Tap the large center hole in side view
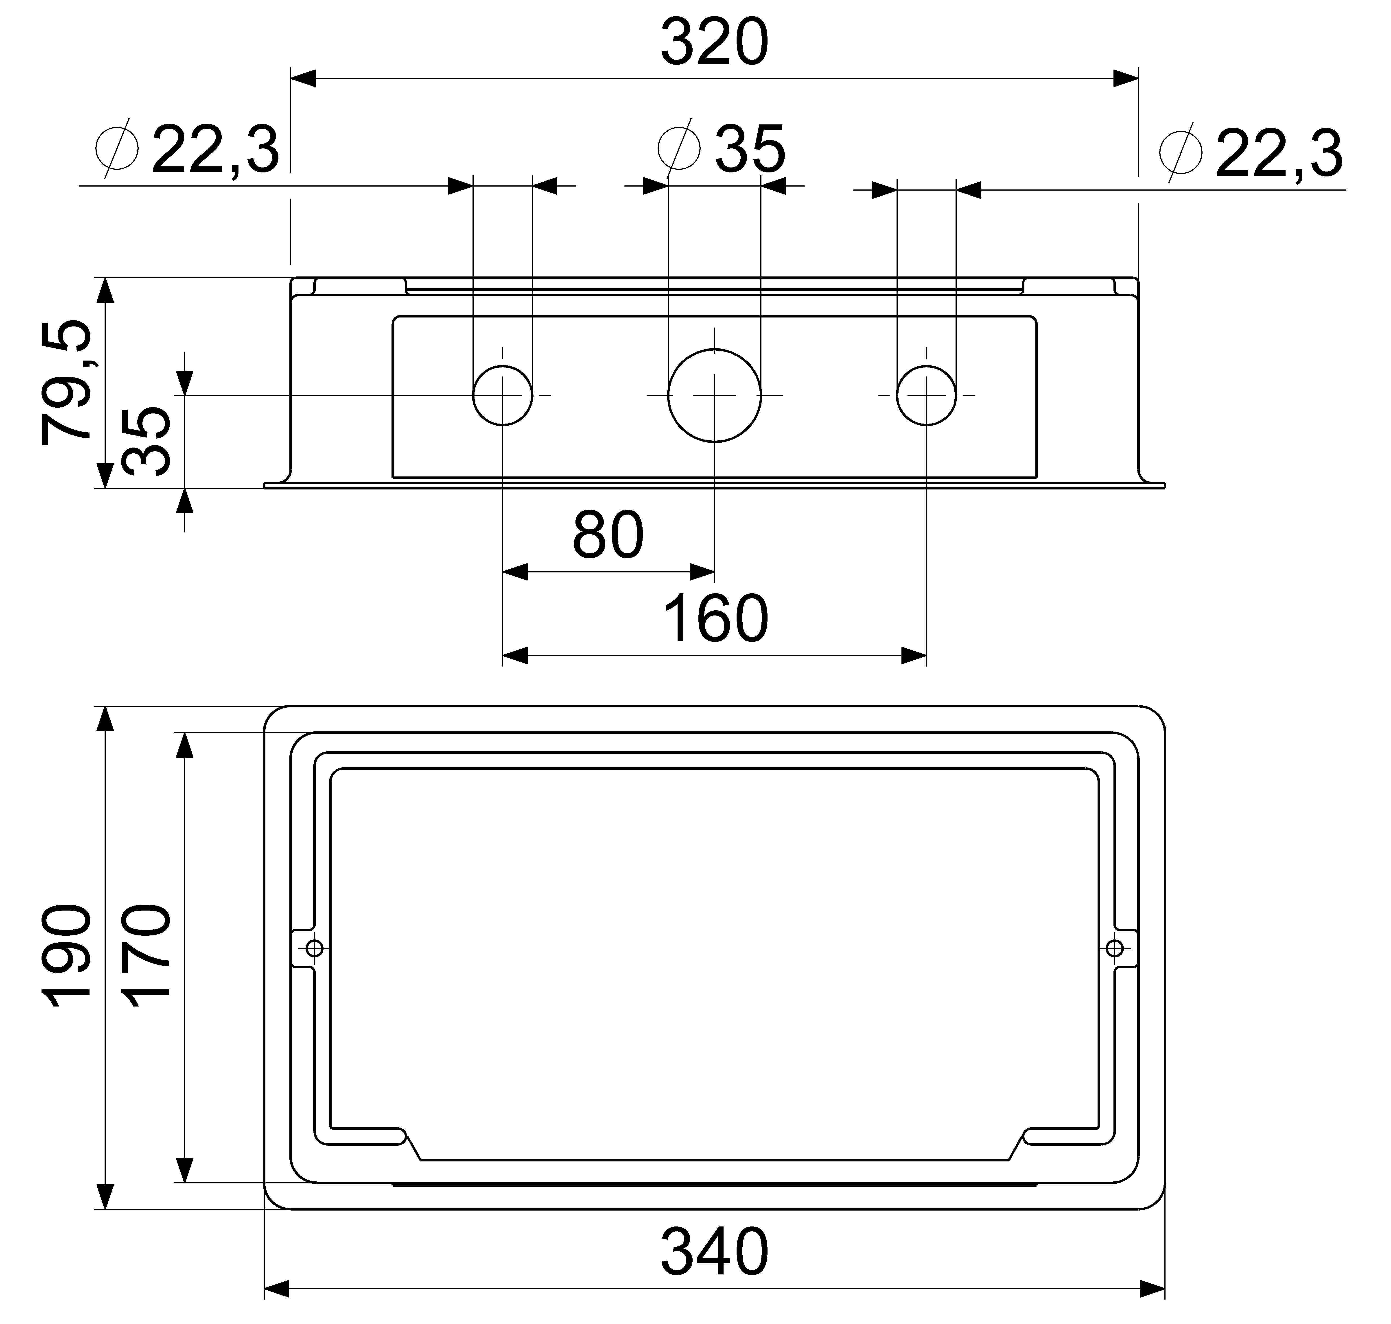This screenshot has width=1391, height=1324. [715, 396]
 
